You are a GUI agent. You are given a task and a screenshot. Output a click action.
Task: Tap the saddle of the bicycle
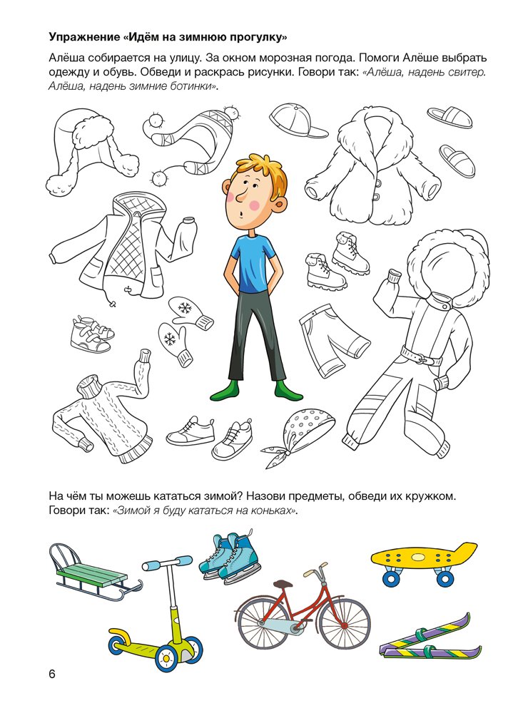283,584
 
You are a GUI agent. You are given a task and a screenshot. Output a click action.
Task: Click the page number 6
52,674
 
